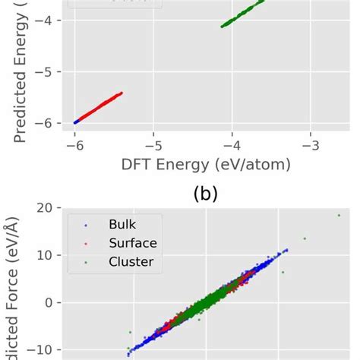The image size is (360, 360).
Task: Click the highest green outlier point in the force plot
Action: (x=339, y=216)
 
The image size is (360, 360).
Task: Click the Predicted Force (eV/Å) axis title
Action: (x=17, y=289)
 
